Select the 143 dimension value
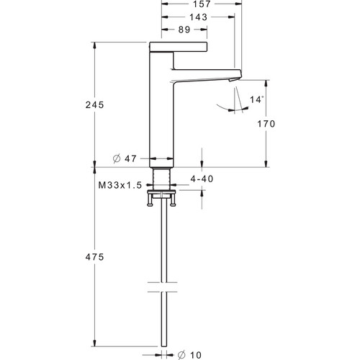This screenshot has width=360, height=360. point(199,17)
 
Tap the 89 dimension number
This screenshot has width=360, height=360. point(184,30)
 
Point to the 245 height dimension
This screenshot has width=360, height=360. point(94,105)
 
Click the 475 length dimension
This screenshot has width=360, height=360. point(94,257)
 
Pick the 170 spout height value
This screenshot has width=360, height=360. point(266,124)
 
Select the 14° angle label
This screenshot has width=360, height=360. point(257,99)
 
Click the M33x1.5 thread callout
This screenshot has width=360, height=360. point(120,185)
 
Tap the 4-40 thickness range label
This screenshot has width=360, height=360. point(202,179)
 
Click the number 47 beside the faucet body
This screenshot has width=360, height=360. point(130,158)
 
